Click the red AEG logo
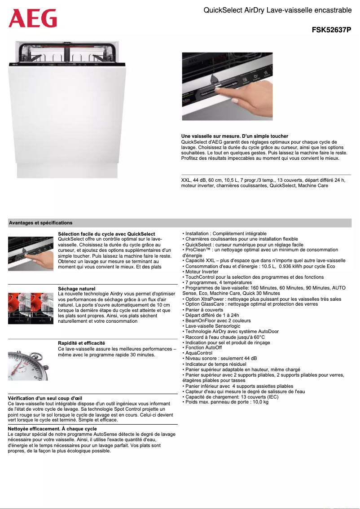pos(33,18)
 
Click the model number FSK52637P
pos(331,30)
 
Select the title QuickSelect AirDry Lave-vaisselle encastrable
pos(277,10)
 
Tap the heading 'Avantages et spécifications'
pos(41,223)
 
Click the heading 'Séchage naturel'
pos(77,289)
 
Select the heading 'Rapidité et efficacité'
pos(82,343)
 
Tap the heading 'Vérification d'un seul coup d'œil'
pos(45,398)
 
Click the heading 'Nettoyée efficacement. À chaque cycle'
pos(53,429)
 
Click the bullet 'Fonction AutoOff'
pos(203,348)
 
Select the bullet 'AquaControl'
pos(199,353)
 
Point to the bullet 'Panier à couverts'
pos(204,310)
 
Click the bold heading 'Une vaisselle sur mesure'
pos(234,136)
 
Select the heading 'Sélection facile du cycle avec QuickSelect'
pos(106,234)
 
